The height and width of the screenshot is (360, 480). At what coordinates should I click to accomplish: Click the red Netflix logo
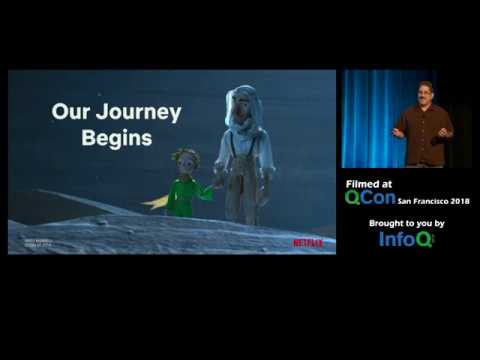[x=307, y=242]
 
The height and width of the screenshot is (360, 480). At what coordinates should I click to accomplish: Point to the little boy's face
[x=184, y=163]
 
